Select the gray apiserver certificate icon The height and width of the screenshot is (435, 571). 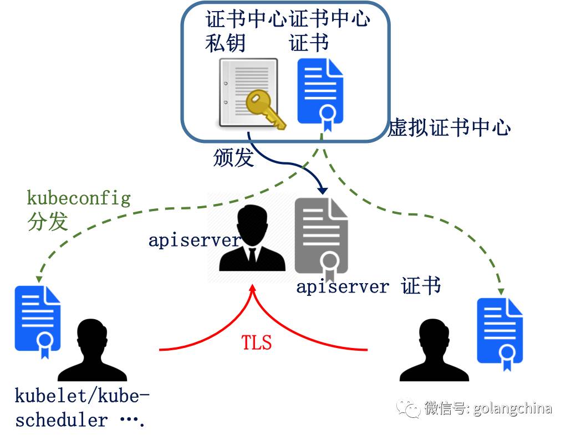point(321,238)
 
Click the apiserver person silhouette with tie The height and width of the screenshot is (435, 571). point(252,238)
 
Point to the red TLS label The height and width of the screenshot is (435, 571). point(256,342)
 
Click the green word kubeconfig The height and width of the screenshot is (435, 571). point(79,198)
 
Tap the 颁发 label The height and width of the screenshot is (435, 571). point(233,158)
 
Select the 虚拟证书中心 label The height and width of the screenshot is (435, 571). point(448,128)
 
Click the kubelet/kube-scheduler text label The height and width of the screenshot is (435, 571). point(82,408)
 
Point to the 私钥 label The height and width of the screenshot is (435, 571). point(225,43)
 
